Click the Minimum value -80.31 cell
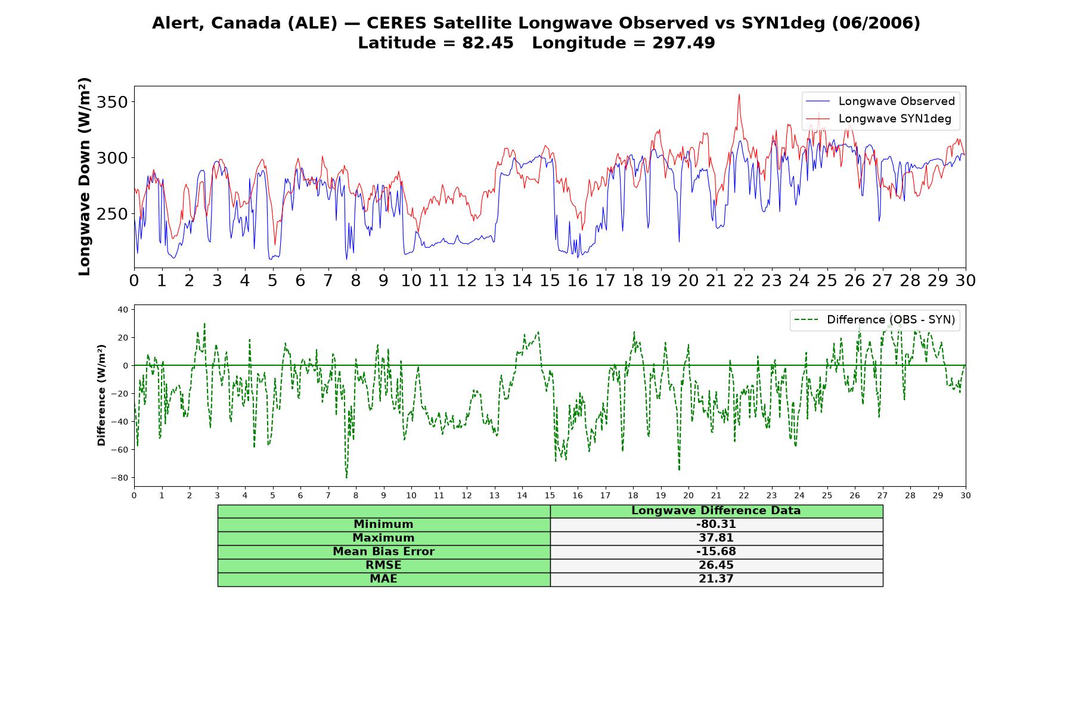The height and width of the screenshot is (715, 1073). (x=716, y=524)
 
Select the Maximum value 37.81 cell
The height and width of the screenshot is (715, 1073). (x=716, y=538)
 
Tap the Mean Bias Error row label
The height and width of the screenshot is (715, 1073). (x=383, y=552)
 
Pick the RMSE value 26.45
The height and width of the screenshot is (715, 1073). (x=716, y=565)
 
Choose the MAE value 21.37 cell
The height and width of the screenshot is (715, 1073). (x=716, y=579)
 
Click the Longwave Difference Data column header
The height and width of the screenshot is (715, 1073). (x=716, y=511)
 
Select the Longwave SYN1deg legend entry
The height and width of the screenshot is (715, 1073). (x=879, y=119)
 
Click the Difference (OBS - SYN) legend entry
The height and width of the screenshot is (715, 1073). (x=875, y=320)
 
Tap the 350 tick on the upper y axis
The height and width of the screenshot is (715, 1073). (x=112, y=102)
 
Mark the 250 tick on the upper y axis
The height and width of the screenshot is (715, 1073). (x=112, y=214)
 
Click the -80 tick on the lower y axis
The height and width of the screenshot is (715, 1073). (x=119, y=478)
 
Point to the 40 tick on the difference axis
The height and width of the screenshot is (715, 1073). (x=123, y=309)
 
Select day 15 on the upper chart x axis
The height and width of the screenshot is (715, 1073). (x=550, y=281)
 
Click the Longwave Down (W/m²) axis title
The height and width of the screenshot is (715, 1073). (x=85, y=176)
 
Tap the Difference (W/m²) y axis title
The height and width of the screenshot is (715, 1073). (x=101, y=395)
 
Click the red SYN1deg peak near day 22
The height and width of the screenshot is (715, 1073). (x=739, y=94)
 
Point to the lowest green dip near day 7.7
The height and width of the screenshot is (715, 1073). (x=346, y=477)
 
